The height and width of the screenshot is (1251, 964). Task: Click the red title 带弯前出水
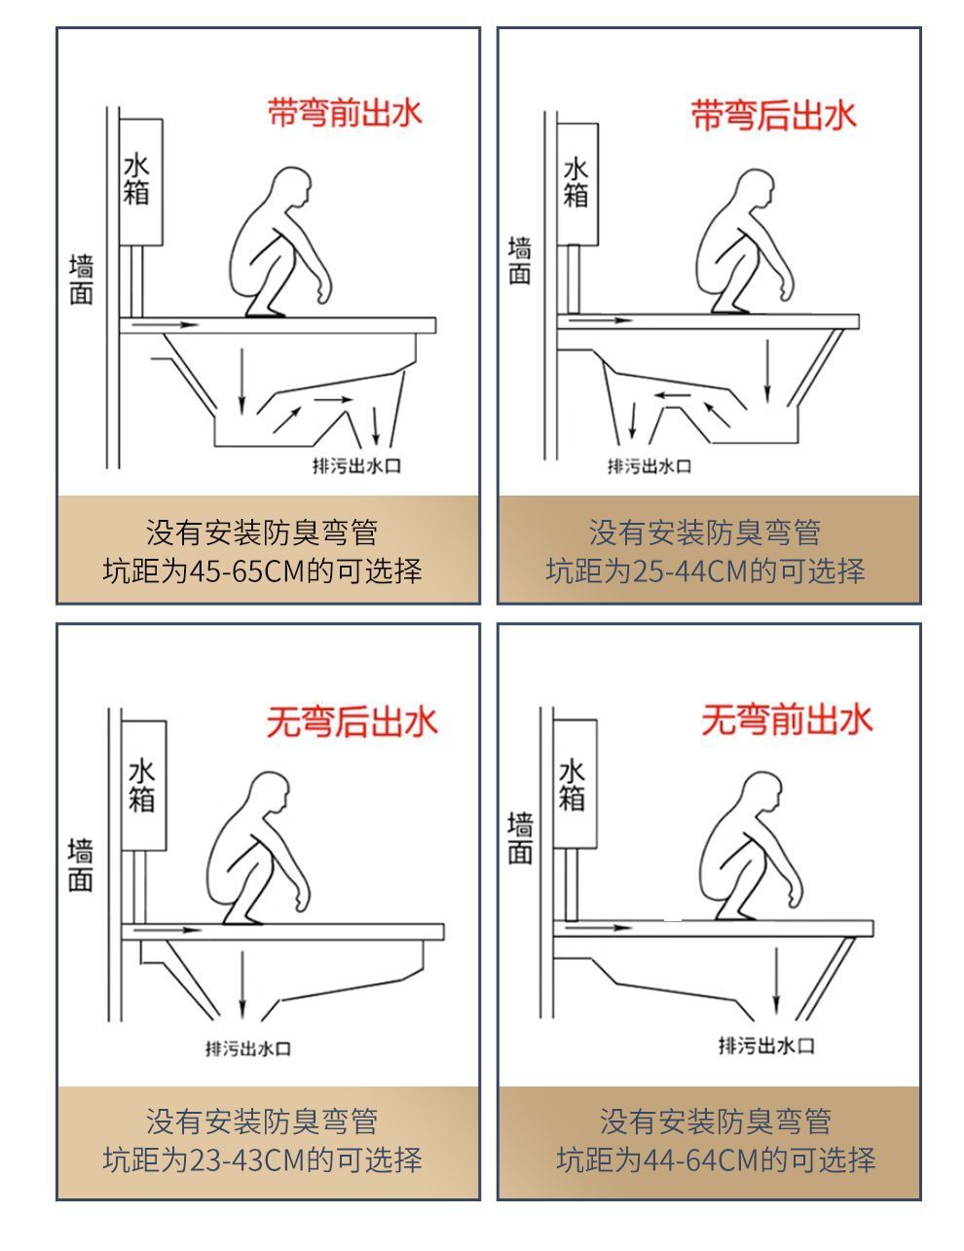click(345, 114)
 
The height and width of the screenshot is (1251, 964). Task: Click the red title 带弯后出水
click(773, 115)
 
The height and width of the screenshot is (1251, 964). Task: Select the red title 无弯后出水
click(352, 722)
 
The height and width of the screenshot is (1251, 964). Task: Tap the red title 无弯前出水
click(786, 720)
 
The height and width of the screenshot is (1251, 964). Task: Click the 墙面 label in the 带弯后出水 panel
click(520, 261)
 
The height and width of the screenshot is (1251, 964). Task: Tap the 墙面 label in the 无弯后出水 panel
click(81, 865)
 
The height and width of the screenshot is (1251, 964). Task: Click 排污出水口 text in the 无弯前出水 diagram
click(766, 1046)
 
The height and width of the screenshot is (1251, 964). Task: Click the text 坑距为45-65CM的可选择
click(263, 570)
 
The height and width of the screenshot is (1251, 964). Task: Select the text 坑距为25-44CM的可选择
click(705, 570)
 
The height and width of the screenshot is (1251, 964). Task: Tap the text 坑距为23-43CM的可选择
click(263, 1159)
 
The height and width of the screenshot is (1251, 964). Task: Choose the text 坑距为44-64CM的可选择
click(716, 1159)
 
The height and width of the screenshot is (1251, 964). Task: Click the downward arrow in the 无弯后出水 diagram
click(241, 983)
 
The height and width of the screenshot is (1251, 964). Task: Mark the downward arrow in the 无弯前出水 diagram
click(776, 978)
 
